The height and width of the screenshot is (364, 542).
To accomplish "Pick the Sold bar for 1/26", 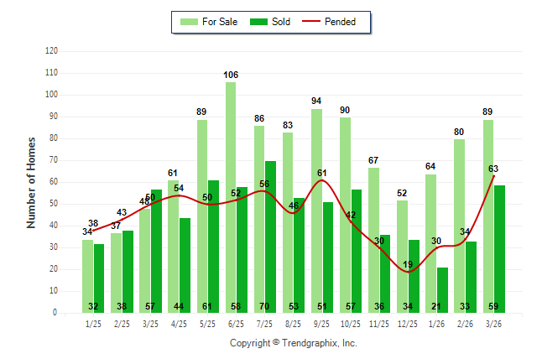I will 442,289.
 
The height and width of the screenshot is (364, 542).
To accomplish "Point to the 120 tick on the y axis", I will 51,51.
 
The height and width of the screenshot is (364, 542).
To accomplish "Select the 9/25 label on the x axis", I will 321,323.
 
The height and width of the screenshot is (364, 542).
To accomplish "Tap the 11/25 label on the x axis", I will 379,323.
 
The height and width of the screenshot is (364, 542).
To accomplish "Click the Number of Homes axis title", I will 31,182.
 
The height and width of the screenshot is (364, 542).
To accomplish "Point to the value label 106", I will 231,75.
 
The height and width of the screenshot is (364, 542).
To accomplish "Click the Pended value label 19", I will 408,264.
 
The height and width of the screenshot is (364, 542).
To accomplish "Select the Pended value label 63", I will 494,169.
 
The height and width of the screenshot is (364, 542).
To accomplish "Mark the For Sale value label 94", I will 316,101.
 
